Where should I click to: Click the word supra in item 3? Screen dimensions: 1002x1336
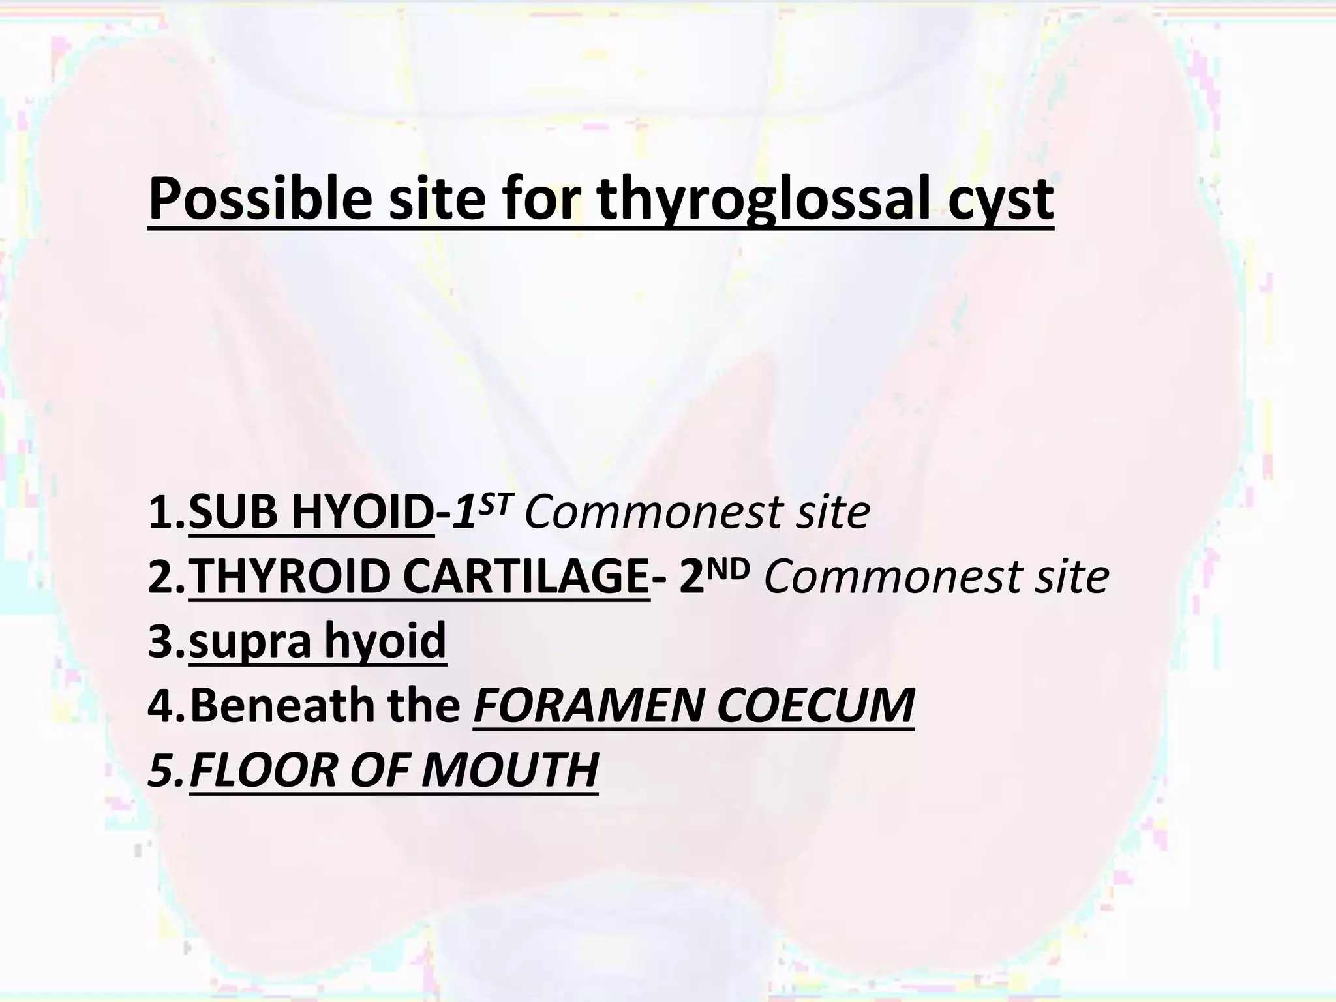coord(250,642)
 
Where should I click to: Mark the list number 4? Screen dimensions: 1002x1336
coord(160,706)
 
